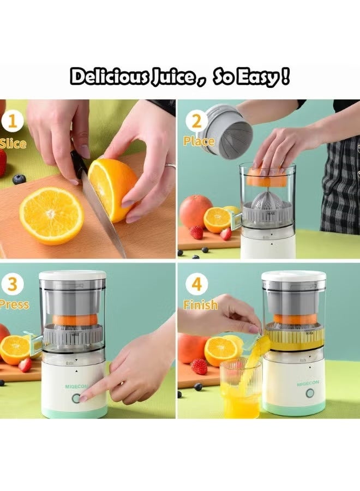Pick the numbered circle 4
[196, 285]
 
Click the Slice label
[13, 143]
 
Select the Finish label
[200, 305]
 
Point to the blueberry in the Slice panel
[19, 179]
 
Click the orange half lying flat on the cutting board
[51, 215]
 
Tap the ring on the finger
[170, 166]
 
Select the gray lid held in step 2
[225, 131]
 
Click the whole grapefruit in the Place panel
[195, 211]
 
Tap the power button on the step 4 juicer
[310, 393]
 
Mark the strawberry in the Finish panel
[199, 366]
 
